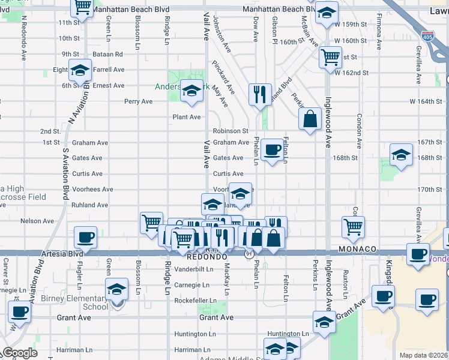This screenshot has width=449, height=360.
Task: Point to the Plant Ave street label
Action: tap(187, 117)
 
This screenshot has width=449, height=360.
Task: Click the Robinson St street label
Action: tap(231, 131)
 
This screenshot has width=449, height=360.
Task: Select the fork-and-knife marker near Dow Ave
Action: tap(259, 94)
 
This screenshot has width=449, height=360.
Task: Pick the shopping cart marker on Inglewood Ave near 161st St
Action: tap(330, 58)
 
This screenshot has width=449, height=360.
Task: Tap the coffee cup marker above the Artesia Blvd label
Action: tap(85, 237)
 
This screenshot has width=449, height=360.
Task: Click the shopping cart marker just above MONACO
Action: tap(353, 227)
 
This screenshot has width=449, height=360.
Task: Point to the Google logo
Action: tap(20, 353)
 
